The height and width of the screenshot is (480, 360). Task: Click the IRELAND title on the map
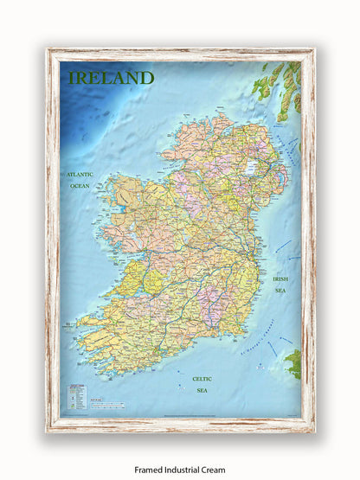click(x=111, y=78)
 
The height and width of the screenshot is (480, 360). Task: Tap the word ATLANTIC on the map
click(x=80, y=174)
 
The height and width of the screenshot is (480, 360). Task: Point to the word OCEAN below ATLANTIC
click(x=80, y=185)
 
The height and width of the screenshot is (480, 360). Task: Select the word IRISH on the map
click(x=280, y=279)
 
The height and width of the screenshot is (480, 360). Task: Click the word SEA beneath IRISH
click(x=280, y=291)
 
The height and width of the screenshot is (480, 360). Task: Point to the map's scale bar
click(x=111, y=405)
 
